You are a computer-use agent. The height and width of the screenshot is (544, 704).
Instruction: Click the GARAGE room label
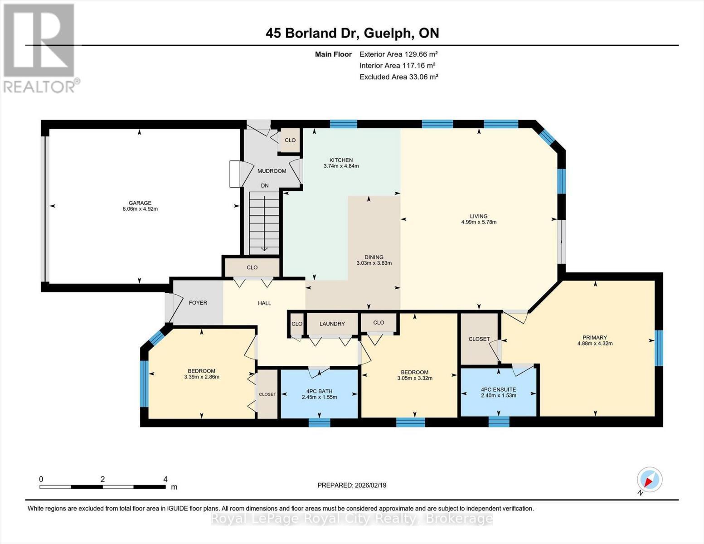tap(140, 203)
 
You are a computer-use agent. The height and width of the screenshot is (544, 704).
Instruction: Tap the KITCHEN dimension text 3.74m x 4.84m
tap(341, 166)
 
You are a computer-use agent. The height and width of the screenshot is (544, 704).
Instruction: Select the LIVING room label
tap(478, 216)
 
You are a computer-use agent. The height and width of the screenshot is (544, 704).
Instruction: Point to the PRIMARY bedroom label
tap(594, 337)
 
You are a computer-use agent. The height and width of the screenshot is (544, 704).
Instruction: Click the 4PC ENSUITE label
tap(498, 389)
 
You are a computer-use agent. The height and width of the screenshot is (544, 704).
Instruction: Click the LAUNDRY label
tap(332, 324)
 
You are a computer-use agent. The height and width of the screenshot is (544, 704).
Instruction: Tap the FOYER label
tap(198, 302)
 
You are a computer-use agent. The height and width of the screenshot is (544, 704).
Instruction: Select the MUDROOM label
tap(272, 171)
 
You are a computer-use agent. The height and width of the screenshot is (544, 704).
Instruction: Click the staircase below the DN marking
tap(264, 222)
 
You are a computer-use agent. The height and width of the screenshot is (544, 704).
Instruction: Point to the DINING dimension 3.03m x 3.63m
tap(374, 263)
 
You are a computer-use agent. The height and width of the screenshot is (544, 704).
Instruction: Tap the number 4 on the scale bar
tap(165, 479)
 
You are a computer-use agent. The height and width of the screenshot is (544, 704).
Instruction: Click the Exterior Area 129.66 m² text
tap(398, 54)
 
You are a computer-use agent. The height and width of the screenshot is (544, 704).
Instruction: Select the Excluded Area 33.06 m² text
tap(398, 77)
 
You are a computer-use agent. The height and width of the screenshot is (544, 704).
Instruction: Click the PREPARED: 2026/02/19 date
tap(351, 485)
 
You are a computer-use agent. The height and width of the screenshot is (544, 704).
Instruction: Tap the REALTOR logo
tap(40, 48)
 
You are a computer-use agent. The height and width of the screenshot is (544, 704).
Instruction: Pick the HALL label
tap(264, 303)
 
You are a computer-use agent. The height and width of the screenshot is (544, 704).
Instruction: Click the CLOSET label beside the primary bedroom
tap(479, 339)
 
